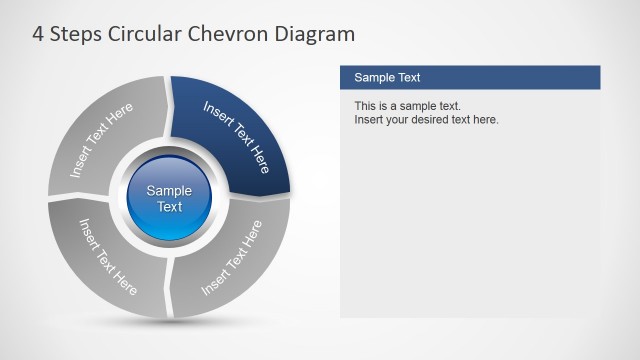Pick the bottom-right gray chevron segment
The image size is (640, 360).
[x=236, y=259]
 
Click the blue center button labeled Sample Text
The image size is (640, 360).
[x=170, y=198]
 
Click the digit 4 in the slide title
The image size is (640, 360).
[x=39, y=35]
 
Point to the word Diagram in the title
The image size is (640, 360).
[x=318, y=35]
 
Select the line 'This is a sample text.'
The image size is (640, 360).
[x=407, y=106]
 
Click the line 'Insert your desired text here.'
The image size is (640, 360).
[x=426, y=120]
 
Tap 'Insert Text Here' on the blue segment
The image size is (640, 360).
[x=236, y=136]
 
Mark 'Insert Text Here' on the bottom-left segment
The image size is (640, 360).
[x=108, y=256]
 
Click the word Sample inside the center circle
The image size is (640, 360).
[x=170, y=191]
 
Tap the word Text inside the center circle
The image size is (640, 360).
[x=170, y=207]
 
